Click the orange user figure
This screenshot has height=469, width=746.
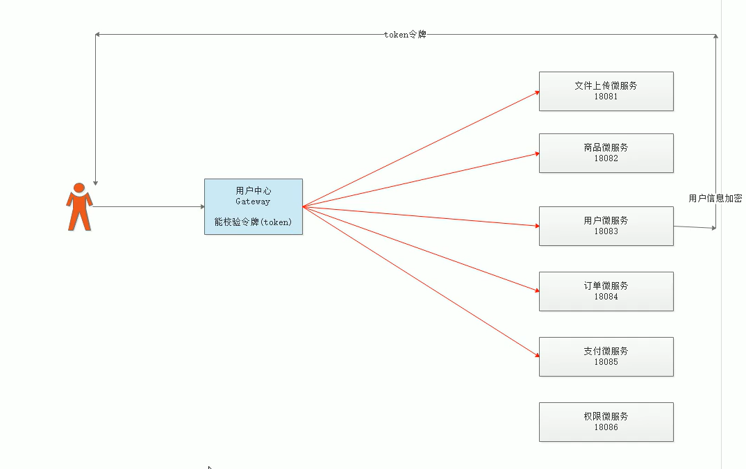tap(79, 207)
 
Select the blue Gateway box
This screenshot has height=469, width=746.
tap(253, 206)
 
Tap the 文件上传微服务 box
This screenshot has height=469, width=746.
tap(606, 91)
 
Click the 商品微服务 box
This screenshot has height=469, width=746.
tap(606, 153)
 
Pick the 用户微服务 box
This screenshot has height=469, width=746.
tap(606, 226)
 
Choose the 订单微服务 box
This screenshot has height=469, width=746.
tap(606, 291)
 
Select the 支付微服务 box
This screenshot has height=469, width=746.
tap(606, 356)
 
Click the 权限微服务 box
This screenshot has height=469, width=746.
tap(606, 422)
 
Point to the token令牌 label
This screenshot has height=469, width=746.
tap(405, 34)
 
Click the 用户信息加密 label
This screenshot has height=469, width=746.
tap(715, 198)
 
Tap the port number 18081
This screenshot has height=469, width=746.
tap(606, 97)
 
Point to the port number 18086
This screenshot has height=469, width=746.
tap(606, 427)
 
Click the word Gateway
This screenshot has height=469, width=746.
tap(253, 201)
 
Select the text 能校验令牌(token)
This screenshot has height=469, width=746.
tap(253, 222)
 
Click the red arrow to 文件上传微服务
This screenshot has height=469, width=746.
tap(420, 149)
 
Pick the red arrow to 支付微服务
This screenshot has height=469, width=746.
tap(420, 281)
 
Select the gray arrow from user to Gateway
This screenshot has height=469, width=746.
tap(147, 206)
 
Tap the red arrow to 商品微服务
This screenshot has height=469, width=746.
tap(420, 179)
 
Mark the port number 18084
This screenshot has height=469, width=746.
tap(606, 297)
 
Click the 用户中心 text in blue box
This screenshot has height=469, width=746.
tap(253, 190)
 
